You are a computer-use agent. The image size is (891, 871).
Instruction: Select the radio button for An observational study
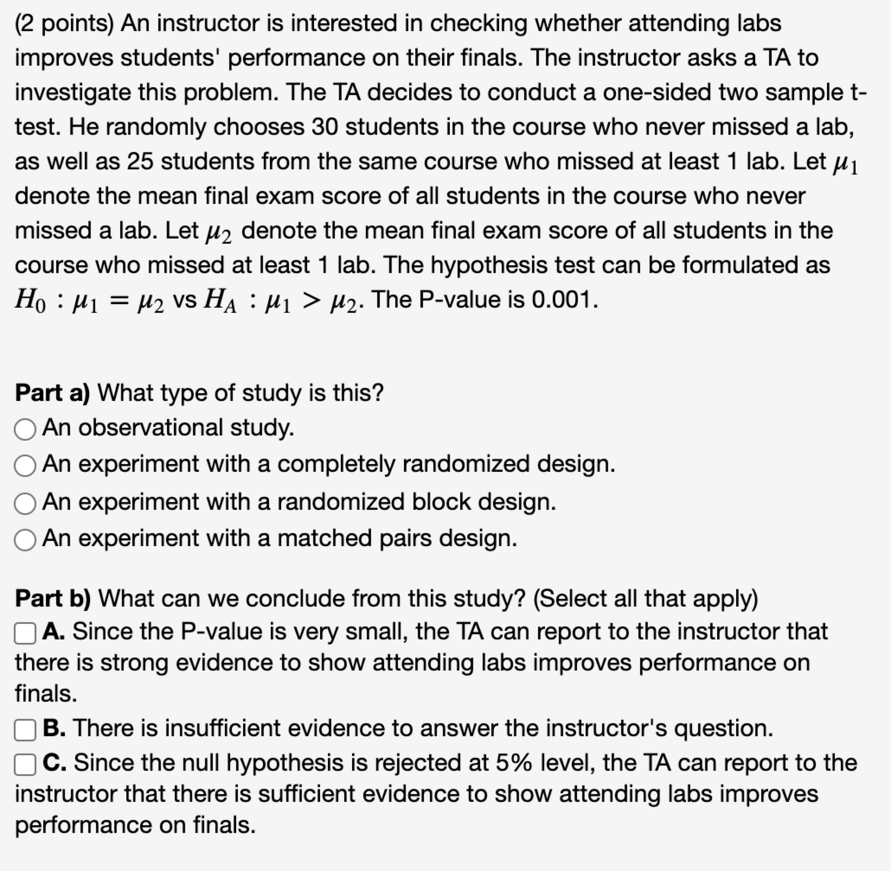(x=25, y=430)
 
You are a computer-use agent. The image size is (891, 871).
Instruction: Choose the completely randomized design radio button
(x=25, y=467)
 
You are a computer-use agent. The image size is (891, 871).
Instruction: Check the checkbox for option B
(x=25, y=730)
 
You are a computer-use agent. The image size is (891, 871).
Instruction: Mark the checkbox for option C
(x=25, y=765)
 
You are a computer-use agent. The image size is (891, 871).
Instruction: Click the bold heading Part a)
(x=52, y=394)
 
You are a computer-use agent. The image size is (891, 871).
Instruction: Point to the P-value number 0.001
(x=564, y=301)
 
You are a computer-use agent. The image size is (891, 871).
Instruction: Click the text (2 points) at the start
(x=64, y=24)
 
